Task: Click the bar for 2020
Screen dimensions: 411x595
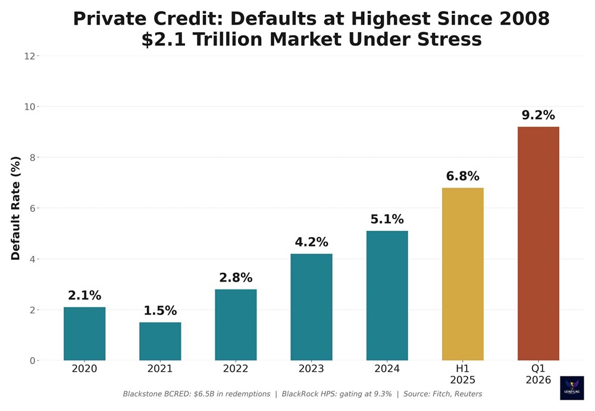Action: (x=84, y=334)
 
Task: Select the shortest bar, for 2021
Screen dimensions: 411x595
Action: (x=160, y=341)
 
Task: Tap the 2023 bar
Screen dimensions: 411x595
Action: (x=311, y=307)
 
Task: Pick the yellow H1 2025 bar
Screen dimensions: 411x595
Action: (x=462, y=274)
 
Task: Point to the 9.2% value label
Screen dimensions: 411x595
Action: (x=538, y=115)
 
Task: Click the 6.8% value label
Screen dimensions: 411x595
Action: (x=462, y=176)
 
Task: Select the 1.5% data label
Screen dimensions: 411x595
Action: (x=160, y=310)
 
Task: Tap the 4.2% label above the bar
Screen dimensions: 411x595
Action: (x=311, y=242)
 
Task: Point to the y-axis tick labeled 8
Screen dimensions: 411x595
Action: (x=32, y=158)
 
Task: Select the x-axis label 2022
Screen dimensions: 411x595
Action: (x=236, y=369)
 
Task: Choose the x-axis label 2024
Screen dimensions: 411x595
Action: (x=387, y=369)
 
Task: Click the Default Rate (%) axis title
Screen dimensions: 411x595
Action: (x=16, y=208)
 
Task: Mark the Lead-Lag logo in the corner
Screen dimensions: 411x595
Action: (x=572, y=387)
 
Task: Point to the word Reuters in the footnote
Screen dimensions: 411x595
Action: (x=465, y=394)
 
